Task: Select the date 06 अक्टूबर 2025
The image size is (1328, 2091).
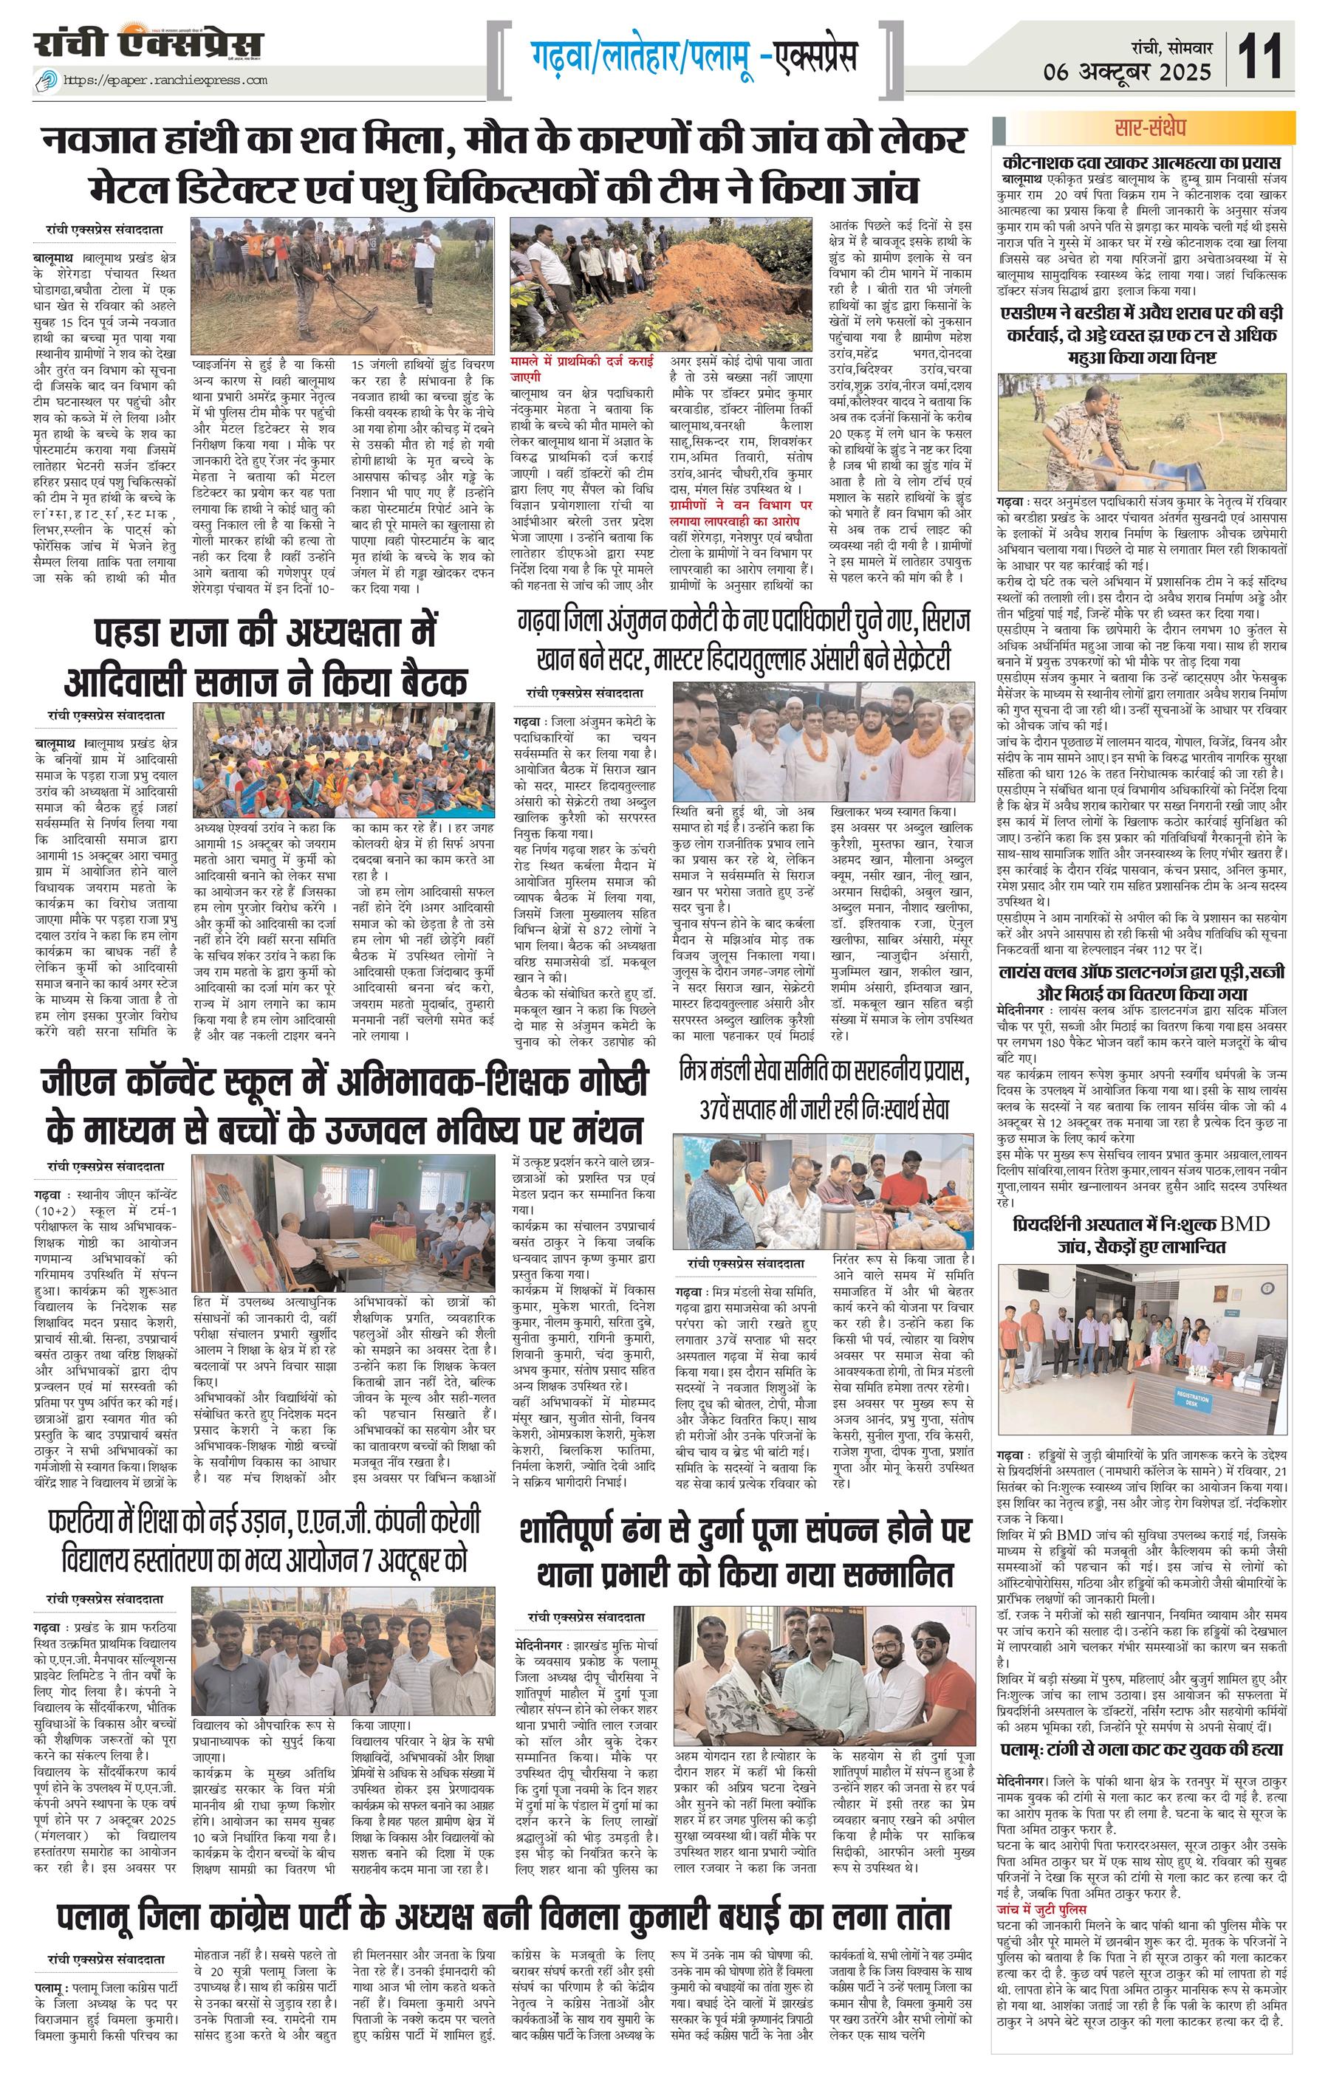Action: tap(1129, 72)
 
